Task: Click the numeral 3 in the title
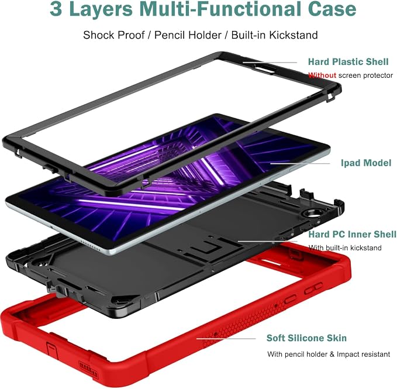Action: pos(56,9)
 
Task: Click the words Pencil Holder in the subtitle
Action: pos(188,35)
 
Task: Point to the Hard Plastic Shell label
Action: pos(348,61)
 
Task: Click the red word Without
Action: pos(322,75)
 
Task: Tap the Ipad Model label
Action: pos(366,163)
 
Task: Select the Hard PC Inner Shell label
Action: pos(352,234)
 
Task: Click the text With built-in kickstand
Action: pos(345,247)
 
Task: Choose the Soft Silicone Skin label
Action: pos(306,338)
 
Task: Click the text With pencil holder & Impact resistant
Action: pos(329,354)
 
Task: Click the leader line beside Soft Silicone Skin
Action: pos(226,338)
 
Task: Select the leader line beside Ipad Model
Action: pos(301,163)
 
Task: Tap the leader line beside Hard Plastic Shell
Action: pos(270,63)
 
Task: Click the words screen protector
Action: pos(365,75)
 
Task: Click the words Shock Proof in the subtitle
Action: pos(114,35)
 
